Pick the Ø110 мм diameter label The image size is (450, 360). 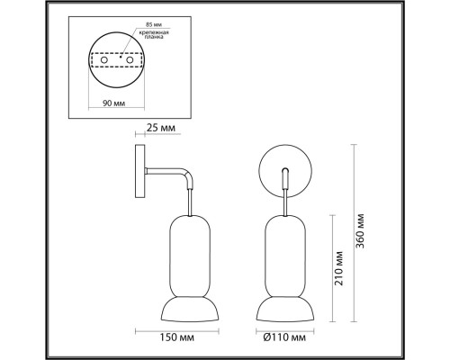pyautogui.click(x=282, y=337)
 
